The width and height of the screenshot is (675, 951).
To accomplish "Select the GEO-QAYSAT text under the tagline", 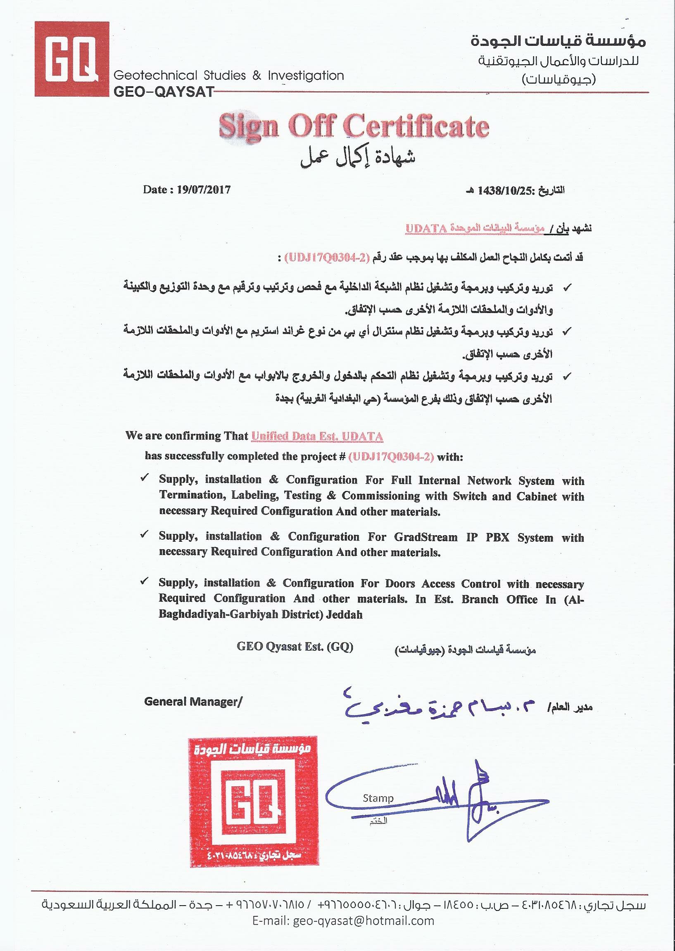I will pos(163,91).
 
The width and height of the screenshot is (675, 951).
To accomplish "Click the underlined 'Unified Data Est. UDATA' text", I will pos(317,436).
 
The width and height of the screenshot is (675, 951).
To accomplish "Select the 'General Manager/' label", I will pos(193,702).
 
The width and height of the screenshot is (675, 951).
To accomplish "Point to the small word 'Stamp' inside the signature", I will pos(378,798).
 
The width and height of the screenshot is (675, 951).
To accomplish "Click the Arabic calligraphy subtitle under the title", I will pos(357,157).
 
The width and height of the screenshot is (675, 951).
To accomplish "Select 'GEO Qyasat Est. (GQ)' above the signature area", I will pos(295,647).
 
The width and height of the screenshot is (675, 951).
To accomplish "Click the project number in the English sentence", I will pos(391,457).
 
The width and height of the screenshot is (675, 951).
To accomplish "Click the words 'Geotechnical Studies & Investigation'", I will pos(228,76).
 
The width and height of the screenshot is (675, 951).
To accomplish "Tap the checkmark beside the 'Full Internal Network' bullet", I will pos(145,478).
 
